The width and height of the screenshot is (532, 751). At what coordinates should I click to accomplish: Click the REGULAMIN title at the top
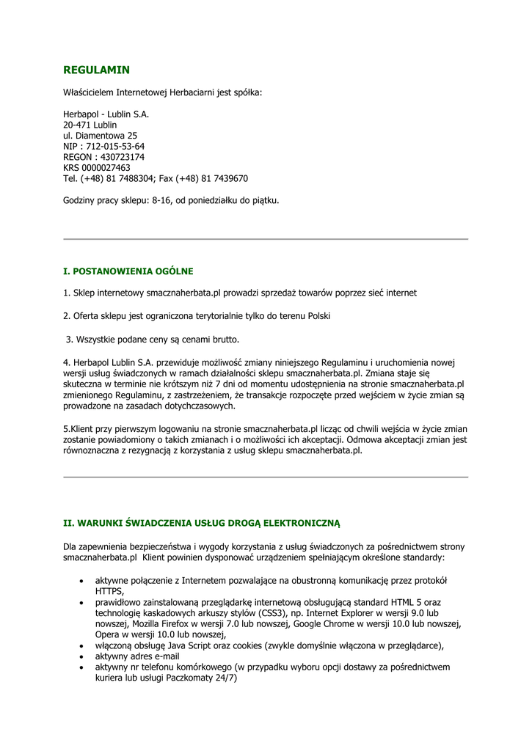96,70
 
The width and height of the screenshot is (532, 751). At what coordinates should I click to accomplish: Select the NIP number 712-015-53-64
114,147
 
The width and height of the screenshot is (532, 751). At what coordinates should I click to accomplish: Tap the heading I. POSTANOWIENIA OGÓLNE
128,271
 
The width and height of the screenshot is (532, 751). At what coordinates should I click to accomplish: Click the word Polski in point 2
316,316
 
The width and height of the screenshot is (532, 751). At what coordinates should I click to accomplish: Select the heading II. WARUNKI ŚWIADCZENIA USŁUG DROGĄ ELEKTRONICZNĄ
202,524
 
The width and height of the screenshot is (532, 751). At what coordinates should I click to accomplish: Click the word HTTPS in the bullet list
109,590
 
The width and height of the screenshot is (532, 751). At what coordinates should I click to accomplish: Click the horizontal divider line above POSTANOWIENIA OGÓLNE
266,239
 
